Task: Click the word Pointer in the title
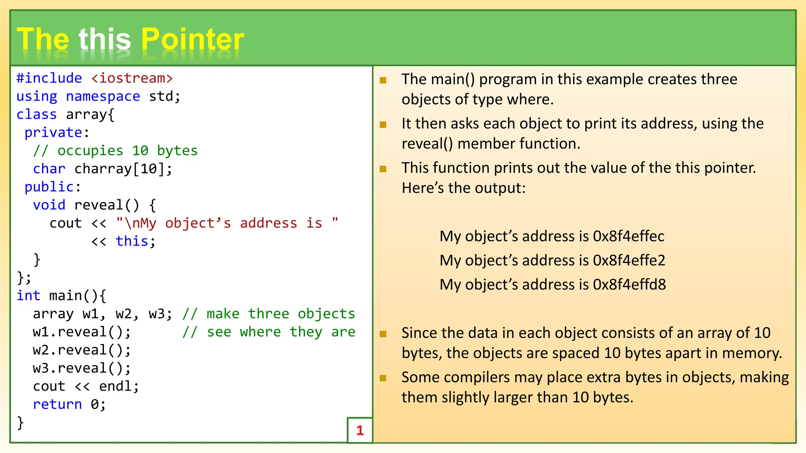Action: [192, 39]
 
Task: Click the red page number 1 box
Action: [360, 430]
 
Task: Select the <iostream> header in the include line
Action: [132, 78]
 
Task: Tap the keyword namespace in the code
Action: [103, 96]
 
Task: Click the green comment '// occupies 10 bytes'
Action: [115, 151]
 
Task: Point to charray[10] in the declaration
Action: [122, 169]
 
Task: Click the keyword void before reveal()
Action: [49, 205]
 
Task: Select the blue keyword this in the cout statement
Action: [132, 241]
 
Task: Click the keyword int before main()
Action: [28, 295]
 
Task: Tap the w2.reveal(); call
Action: [81, 350]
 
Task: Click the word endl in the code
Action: [115, 386]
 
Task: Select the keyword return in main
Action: [57, 404]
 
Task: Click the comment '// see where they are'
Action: [269, 332]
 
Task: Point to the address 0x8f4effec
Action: [629, 236]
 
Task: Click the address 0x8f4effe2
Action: [629, 260]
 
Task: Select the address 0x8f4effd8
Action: [629, 285]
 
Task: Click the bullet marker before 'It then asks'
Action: [383, 125]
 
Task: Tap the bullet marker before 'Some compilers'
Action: [383, 378]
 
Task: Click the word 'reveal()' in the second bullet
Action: [427, 144]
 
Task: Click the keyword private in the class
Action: [53, 133]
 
